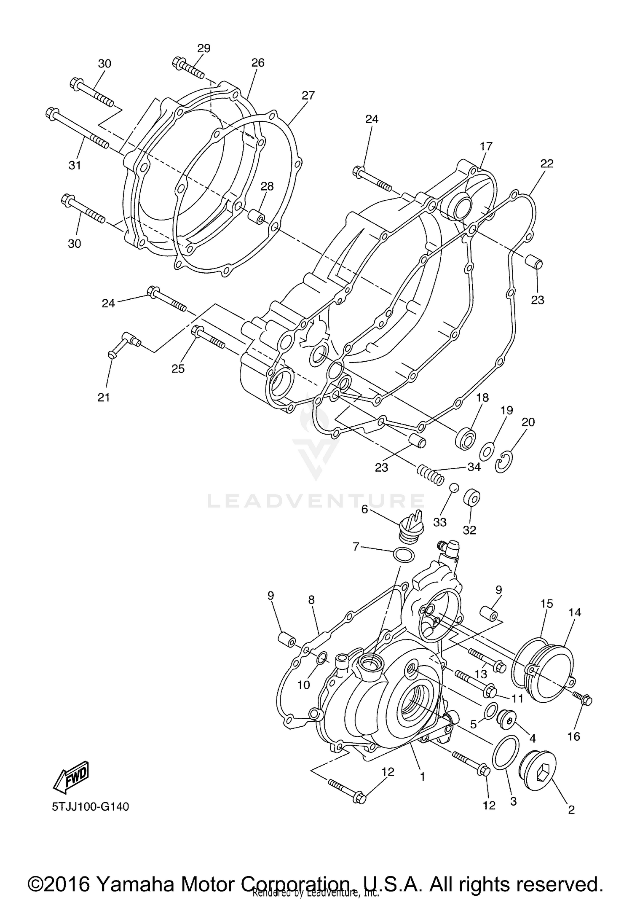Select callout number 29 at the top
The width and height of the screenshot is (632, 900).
pos(204,48)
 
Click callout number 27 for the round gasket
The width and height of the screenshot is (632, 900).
pos(308,96)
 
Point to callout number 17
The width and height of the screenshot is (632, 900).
pos(486,147)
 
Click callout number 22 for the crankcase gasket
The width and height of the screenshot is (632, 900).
pos(546,164)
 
